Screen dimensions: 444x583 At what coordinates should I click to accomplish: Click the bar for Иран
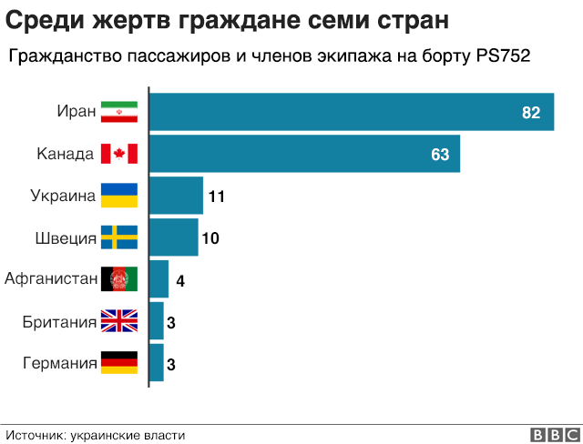click(x=351, y=112)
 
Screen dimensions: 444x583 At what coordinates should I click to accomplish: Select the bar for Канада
click(x=303, y=154)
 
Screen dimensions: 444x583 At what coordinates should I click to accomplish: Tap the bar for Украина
click(x=176, y=196)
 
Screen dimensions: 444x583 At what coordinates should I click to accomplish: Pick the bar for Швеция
click(x=173, y=237)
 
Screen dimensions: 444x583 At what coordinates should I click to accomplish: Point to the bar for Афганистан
click(x=159, y=279)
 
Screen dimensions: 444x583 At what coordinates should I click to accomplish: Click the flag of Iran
click(x=118, y=112)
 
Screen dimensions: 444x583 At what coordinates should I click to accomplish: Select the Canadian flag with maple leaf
click(x=118, y=154)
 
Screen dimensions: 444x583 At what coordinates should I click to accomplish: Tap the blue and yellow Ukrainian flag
click(x=118, y=196)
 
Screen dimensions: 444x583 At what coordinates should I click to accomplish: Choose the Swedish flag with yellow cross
click(x=118, y=237)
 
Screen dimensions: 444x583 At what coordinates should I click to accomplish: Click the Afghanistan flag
click(x=118, y=279)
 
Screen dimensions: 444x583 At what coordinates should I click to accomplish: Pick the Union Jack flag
click(x=118, y=321)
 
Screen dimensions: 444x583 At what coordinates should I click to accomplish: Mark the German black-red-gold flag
click(x=118, y=363)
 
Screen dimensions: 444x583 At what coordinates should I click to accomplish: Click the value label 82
click(x=531, y=113)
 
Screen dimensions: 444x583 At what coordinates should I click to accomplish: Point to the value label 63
click(x=440, y=155)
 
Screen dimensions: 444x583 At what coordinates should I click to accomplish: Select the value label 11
click(x=216, y=197)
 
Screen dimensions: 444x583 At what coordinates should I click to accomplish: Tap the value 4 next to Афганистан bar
click(x=180, y=280)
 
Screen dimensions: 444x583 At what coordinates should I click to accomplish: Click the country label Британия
click(x=60, y=321)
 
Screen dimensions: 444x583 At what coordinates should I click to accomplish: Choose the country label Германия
click(x=60, y=363)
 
